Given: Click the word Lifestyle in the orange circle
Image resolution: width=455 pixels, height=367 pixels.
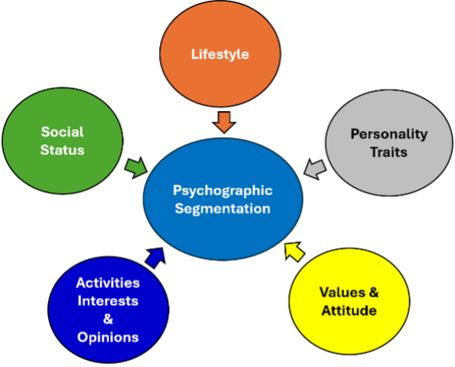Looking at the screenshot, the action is [220, 54].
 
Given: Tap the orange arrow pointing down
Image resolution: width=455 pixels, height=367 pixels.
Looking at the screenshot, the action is [224, 122].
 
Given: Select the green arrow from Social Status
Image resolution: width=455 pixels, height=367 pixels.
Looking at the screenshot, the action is [136, 168].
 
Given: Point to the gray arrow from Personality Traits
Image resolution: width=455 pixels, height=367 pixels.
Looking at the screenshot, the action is [315, 169].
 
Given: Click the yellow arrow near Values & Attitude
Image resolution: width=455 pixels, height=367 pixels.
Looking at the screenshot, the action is [294, 251].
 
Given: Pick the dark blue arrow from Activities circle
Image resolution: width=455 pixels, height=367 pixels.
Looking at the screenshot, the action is [155, 257].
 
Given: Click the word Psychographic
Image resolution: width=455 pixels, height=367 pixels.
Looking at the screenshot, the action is [223, 191].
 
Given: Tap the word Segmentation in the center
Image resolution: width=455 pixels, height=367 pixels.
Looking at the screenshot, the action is [223, 208].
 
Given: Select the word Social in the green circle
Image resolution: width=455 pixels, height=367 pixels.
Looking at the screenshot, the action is [63, 132].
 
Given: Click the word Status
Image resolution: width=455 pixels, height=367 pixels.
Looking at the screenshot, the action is [63, 149].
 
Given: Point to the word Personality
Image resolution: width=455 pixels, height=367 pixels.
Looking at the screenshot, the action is [389, 134].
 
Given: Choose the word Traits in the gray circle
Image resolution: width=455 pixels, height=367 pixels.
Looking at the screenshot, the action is [388, 152].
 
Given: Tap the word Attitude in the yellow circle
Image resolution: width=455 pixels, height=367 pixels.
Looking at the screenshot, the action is [349, 310].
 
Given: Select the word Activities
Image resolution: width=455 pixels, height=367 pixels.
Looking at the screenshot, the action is [108, 283].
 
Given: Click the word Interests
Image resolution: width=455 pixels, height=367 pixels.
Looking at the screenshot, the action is [108, 300].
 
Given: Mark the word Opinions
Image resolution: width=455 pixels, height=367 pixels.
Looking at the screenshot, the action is [108, 337].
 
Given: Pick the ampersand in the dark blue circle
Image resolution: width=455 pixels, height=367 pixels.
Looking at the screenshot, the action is [108, 319].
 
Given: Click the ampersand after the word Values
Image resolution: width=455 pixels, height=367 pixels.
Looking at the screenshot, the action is [374, 292].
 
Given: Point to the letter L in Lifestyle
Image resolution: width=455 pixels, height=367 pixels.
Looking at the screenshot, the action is [195, 54].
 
